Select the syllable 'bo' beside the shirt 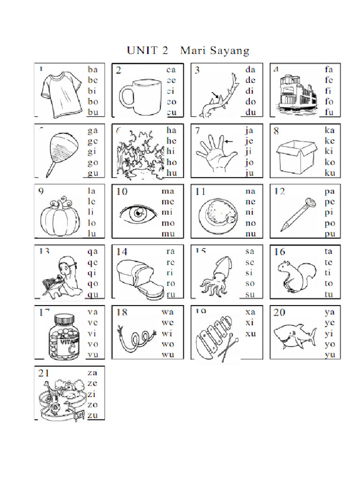point(93,101)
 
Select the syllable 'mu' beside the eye point(168,233)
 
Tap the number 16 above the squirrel point(279,252)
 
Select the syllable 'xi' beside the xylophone point(249,323)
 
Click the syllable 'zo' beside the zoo point(92,404)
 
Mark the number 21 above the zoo point(44,373)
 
